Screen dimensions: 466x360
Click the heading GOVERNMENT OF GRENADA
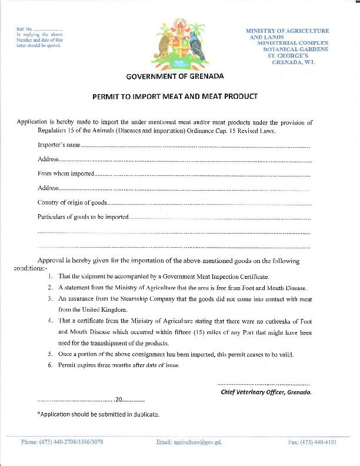coord(175,76)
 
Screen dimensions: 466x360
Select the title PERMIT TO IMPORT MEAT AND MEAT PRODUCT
coord(175,95)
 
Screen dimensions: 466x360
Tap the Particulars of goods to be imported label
coord(83,217)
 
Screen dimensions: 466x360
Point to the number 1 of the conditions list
coord(51,276)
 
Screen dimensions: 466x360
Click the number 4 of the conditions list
coord(51,321)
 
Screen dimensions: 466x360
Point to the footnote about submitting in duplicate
coord(98,414)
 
